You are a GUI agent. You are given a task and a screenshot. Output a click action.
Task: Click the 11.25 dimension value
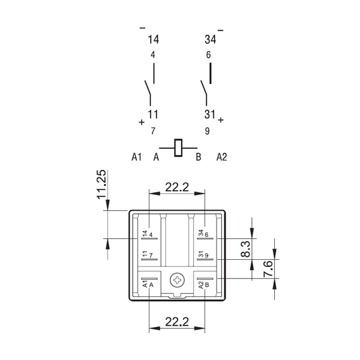coord(101,184)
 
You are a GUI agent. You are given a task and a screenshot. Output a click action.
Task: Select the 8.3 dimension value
coord(245,249)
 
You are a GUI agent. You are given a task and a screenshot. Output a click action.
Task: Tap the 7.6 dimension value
coord(268,269)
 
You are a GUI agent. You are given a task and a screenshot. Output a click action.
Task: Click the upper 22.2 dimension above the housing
coord(177,187)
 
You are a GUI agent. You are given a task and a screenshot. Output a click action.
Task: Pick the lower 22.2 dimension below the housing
coord(177,322)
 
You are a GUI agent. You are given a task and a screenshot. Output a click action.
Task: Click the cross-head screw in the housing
coord(177,280)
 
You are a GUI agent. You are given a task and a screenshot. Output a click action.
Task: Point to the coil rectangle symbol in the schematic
coord(178,148)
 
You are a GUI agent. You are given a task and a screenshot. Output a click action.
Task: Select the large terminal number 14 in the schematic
coord(153,39)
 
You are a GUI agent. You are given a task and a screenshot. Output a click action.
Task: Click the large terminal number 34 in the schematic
coord(211,39)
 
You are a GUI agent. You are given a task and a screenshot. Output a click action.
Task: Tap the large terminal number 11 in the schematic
coord(153,115)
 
